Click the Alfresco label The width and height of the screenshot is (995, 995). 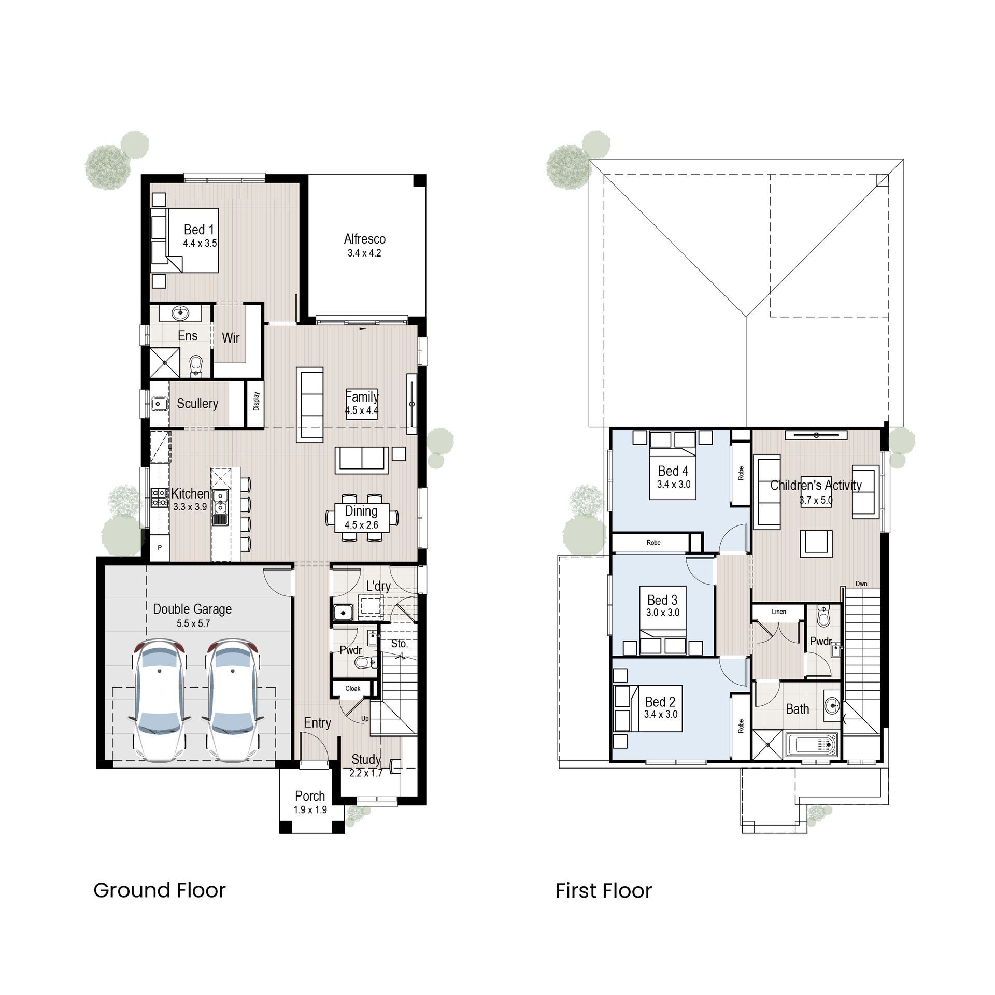tap(365, 239)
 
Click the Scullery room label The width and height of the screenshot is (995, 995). tap(197, 403)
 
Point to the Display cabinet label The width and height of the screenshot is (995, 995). tap(257, 402)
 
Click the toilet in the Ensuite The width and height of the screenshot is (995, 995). tap(196, 365)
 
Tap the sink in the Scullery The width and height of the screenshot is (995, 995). tap(159, 404)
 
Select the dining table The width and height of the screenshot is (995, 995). tap(362, 517)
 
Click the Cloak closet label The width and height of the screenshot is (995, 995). tap(353, 688)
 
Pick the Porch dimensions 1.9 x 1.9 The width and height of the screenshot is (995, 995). tap(310, 809)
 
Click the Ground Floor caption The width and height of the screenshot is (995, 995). tap(160, 890)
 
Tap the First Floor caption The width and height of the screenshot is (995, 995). tap(604, 890)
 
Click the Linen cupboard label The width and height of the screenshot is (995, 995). tap(779, 612)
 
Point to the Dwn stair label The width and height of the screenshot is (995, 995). tap(861, 584)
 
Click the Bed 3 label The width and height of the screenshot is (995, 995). tap(662, 600)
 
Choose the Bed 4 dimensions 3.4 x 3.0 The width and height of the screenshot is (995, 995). tap(674, 484)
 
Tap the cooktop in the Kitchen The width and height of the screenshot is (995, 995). tap(160, 497)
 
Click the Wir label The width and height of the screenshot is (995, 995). tap(231, 338)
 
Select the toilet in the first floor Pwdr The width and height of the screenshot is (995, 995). tap(823, 617)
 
